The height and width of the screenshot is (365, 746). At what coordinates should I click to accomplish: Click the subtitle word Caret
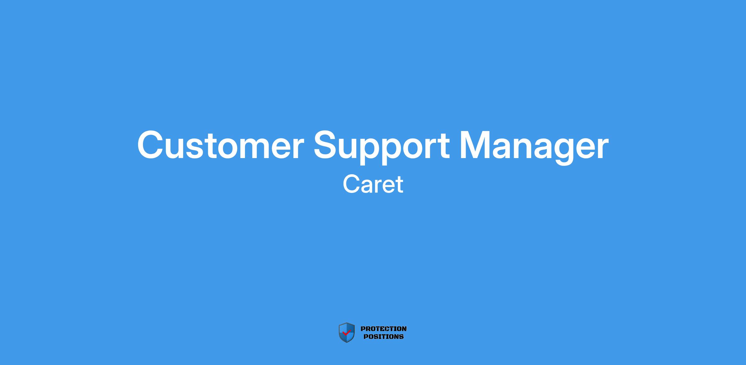pyautogui.click(x=373, y=184)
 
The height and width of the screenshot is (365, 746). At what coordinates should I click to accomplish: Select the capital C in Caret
pyautogui.click(x=351, y=184)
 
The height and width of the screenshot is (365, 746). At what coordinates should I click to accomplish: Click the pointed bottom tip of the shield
pyautogui.click(x=346, y=343)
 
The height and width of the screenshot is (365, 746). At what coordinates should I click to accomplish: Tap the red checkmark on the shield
pyautogui.click(x=346, y=333)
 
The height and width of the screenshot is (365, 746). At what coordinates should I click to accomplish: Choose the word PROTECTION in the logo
pyautogui.click(x=384, y=329)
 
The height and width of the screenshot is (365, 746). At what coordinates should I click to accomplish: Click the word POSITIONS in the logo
pyautogui.click(x=384, y=336)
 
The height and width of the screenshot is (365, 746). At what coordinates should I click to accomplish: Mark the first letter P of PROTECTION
pyautogui.click(x=363, y=329)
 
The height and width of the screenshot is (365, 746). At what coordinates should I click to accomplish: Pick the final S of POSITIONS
pyautogui.click(x=401, y=336)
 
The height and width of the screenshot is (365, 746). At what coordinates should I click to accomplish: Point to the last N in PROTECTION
pyautogui.click(x=404, y=329)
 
